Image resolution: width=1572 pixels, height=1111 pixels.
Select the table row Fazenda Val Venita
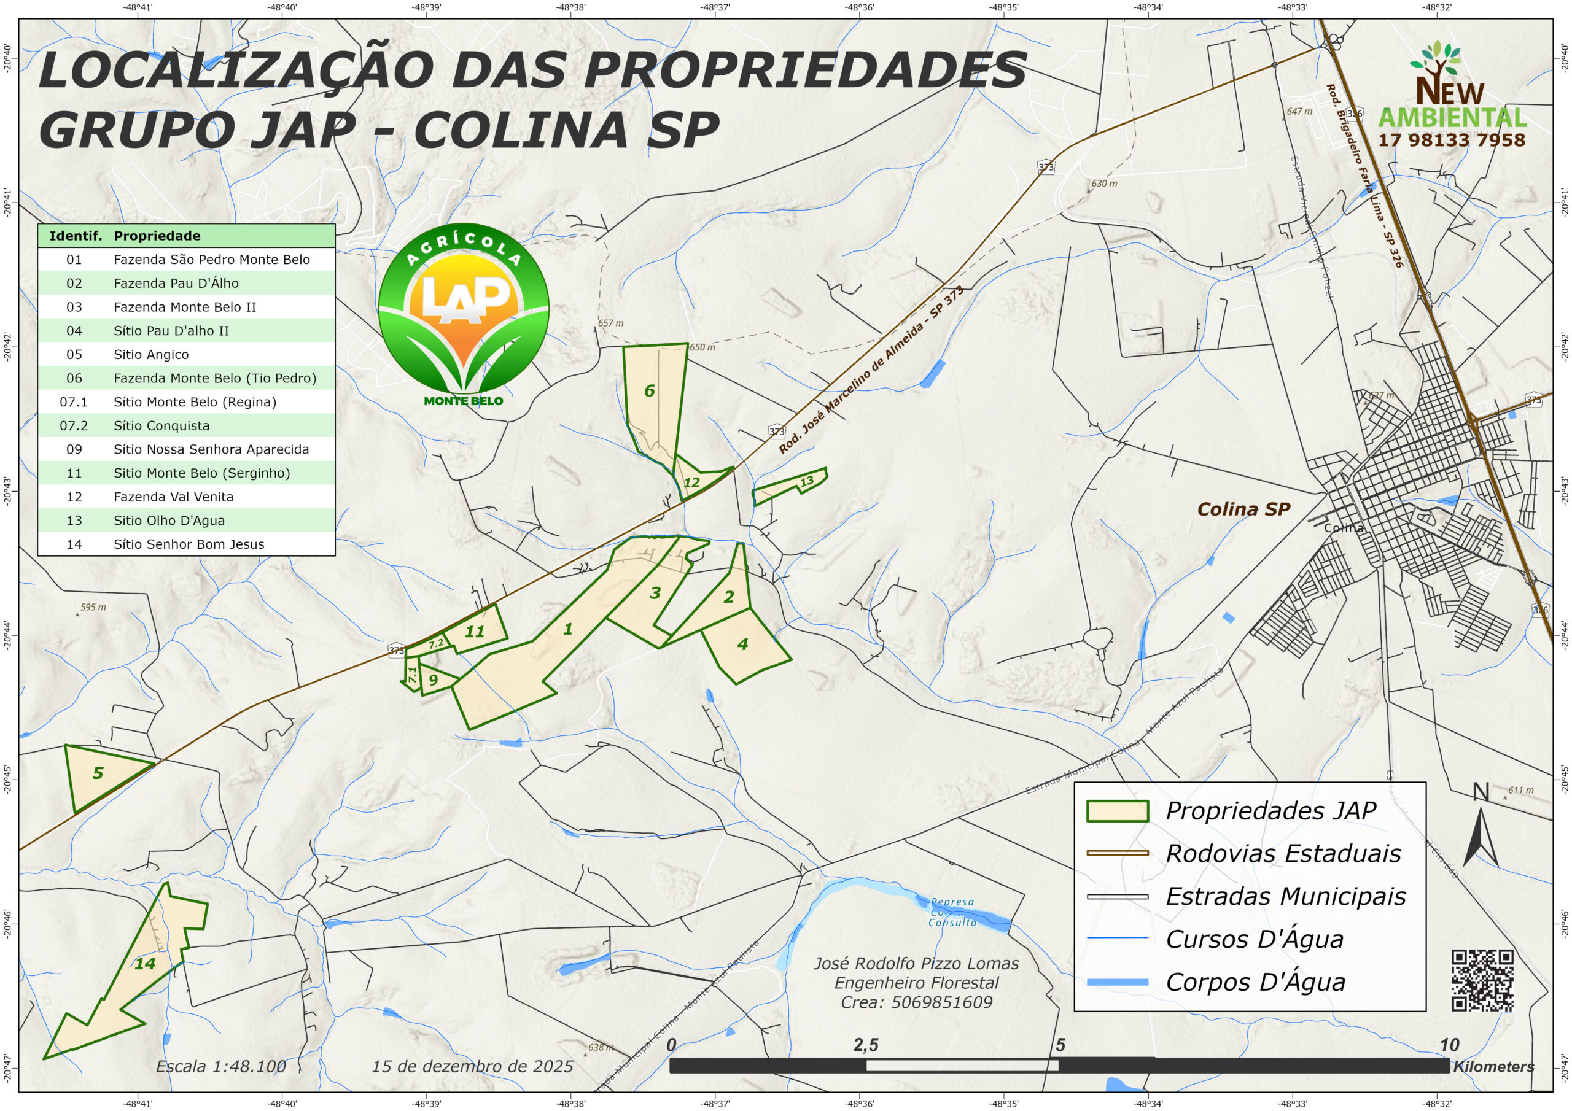click(x=173, y=497)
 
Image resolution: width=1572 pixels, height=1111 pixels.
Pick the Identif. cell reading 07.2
click(x=74, y=426)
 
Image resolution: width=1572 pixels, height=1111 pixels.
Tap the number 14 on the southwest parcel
click(x=144, y=964)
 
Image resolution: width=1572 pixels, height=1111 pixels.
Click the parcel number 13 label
click(x=807, y=481)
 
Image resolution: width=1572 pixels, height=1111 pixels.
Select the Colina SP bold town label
click(x=1243, y=509)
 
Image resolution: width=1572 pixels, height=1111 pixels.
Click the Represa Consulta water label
click(x=952, y=913)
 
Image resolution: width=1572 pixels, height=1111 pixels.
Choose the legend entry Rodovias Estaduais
click(x=1283, y=854)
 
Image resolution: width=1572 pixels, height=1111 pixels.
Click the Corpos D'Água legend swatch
click(x=1118, y=982)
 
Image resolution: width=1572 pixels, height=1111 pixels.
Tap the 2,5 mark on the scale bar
click(x=865, y=1045)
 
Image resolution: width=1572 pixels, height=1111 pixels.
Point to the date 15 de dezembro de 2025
click(x=472, y=1067)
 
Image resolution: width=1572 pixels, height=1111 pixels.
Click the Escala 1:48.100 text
click(x=221, y=1067)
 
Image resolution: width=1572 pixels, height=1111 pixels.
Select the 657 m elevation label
click(x=611, y=323)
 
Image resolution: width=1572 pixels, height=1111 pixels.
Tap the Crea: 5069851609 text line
click(x=916, y=1003)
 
